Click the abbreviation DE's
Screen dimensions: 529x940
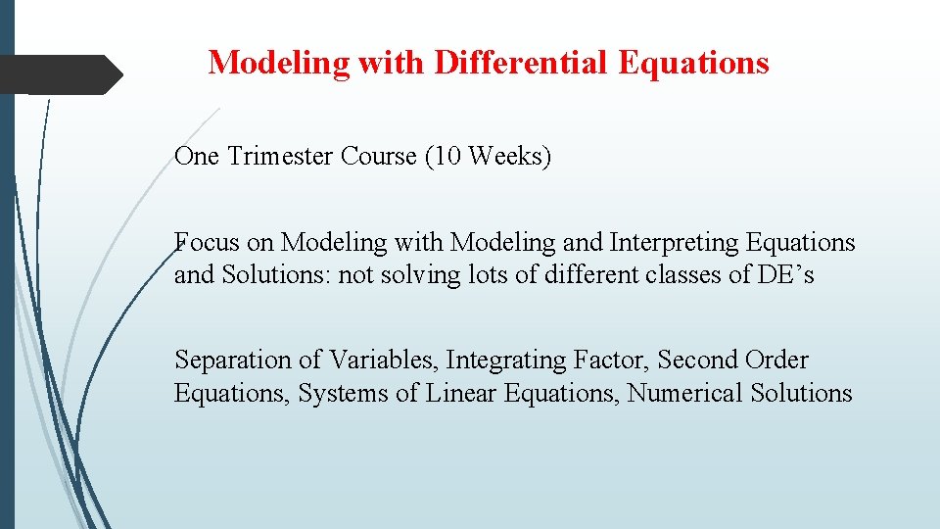pyautogui.click(x=785, y=275)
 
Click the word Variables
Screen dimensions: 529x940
pyautogui.click(x=383, y=361)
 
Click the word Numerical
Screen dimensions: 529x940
pyautogui.click(x=684, y=394)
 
